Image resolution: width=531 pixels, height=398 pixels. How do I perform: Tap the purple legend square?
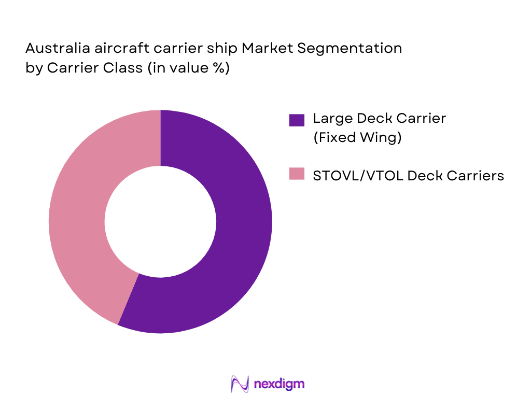tap(297, 120)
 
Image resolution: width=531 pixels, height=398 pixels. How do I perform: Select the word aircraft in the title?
tap(114, 49)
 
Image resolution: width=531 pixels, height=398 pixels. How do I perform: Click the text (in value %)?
tap(188, 68)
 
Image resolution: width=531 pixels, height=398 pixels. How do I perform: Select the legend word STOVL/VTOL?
tap(358, 176)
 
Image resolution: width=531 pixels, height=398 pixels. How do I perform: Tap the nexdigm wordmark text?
tap(280, 384)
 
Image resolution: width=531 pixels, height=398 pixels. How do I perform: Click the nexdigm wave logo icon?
tap(240, 384)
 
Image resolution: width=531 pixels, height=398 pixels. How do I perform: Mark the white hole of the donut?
tap(160, 221)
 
